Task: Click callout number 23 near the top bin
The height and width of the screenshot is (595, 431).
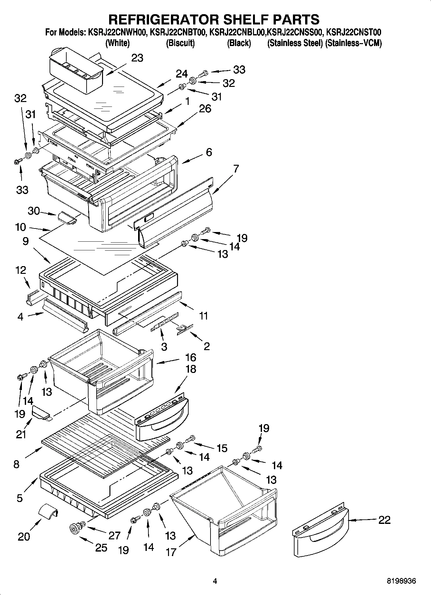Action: (137, 58)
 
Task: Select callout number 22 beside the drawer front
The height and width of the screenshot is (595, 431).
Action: (384, 520)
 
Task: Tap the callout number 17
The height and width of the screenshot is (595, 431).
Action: (171, 552)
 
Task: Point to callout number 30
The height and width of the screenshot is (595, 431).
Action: (33, 211)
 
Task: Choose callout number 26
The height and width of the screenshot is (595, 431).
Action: (205, 108)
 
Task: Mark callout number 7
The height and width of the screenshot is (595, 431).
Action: (236, 169)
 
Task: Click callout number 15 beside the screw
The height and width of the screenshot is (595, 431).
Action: (222, 448)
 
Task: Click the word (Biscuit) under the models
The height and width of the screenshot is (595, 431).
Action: (180, 43)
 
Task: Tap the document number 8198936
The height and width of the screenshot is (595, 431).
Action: (401, 581)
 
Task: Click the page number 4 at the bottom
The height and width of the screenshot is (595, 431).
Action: (215, 581)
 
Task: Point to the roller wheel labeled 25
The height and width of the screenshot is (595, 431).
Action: (74, 528)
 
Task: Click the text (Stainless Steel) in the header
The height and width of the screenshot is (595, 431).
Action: (295, 43)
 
